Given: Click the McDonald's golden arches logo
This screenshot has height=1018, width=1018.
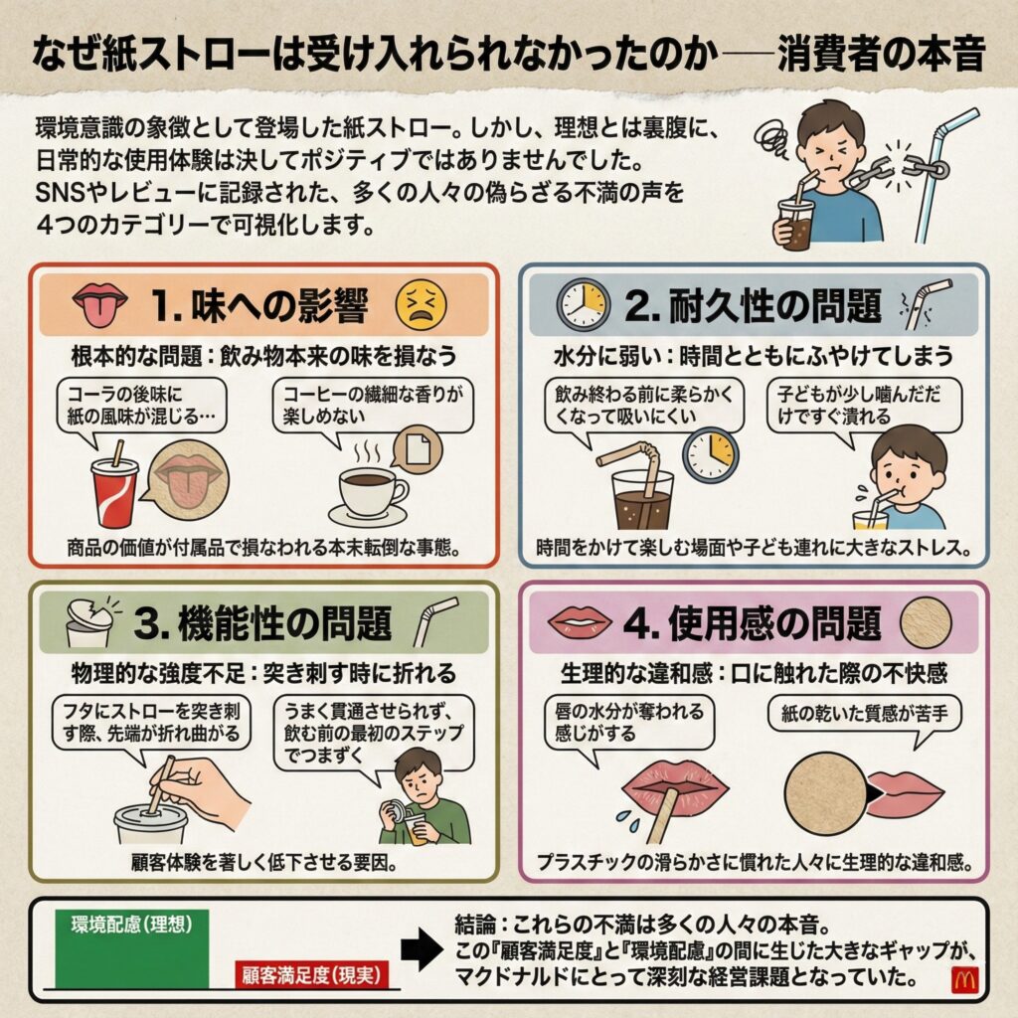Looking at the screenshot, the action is (x=963, y=979).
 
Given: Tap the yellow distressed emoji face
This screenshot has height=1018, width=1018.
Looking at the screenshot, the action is (x=422, y=304).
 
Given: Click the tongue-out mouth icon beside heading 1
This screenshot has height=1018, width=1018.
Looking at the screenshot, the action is (x=100, y=304).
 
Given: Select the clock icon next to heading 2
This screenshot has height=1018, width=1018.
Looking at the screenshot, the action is (x=584, y=304).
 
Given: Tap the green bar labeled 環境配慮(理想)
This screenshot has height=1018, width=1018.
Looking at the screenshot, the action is (x=132, y=949).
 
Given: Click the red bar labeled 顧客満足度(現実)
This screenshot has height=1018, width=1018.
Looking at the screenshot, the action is (x=311, y=974).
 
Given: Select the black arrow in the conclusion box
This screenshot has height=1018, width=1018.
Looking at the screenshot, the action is (x=422, y=949).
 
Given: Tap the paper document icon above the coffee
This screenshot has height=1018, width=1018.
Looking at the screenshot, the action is (x=417, y=449).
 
